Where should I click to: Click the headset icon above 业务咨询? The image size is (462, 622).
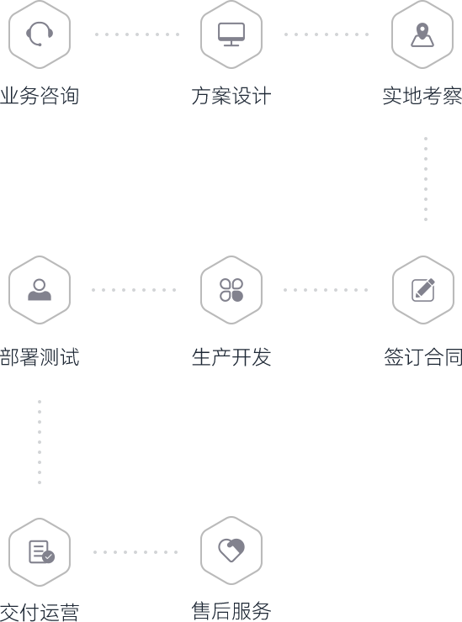[x=40, y=34]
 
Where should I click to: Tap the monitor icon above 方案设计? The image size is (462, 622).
[x=231, y=34]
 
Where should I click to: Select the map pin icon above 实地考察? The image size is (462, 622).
[x=422, y=34]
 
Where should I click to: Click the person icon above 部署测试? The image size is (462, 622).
[x=40, y=290]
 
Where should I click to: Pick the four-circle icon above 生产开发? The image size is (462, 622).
[x=231, y=290]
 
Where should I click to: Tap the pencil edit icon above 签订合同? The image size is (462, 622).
[x=423, y=290]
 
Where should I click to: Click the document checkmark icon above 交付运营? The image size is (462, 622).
[x=42, y=551]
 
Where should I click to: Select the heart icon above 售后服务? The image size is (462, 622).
[x=231, y=550]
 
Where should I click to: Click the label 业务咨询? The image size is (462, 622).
[x=40, y=96]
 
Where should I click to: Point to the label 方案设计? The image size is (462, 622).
[x=231, y=96]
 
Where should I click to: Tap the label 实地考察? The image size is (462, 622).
[x=422, y=96]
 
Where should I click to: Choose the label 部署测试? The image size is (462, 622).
[x=40, y=356]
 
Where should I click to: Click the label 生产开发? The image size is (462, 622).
[x=231, y=356]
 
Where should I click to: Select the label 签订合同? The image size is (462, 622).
[x=423, y=356]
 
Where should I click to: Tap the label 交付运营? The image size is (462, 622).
[x=40, y=612]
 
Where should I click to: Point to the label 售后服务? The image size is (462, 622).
[x=231, y=610]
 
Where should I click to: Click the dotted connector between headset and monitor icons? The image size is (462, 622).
[x=136, y=34]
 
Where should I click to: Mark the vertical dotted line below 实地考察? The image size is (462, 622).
[x=426, y=179]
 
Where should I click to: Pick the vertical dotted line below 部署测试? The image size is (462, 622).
[x=40, y=442]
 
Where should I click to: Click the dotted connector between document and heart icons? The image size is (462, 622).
[x=135, y=551]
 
